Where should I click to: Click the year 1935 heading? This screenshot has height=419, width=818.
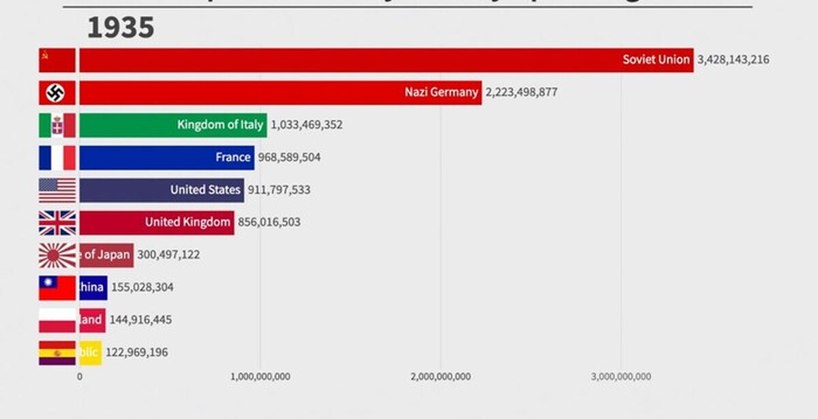(121, 28)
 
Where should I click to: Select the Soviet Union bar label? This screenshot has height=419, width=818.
(656, 59)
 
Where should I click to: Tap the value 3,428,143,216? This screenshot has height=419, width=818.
(733, 59)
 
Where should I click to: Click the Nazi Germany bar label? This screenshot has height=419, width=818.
(441, 92)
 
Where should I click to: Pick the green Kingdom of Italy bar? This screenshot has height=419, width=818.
(173, 125)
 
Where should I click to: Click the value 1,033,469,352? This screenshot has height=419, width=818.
(307, 125)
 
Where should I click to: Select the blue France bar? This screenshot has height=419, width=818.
(166, 157)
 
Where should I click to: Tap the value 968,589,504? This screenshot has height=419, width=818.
(289, 157)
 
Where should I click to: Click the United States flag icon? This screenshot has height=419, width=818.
(57, 190)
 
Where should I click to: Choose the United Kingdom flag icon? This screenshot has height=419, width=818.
(57, 223)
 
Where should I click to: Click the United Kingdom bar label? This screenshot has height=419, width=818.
(187, 222)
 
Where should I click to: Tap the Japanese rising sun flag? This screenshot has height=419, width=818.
(57, 255)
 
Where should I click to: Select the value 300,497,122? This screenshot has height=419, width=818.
(168, 255)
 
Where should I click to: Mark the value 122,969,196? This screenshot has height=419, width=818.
(136, 352)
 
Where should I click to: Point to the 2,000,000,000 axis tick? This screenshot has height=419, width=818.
(440, 377)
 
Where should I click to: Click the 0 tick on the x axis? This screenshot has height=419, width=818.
(80, 377)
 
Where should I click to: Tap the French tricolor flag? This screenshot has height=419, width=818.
(57, 157)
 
